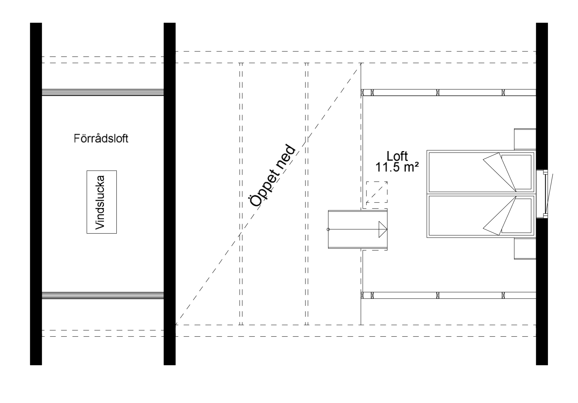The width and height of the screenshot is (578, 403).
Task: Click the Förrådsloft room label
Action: pyautogui.click(x=101, y=139)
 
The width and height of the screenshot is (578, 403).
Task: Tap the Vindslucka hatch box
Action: pyautogui.click(x=101, y=202)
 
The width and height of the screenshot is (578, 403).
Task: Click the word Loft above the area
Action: pyautogui.click(x=397, y=156)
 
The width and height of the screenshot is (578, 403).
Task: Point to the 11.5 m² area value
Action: pyautogui.click(x=397, y=167)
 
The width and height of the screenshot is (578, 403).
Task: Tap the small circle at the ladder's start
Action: pyautogui.click(x=328, y=230)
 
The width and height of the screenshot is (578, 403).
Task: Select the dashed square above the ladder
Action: pyautogui.click(x=376, y=192)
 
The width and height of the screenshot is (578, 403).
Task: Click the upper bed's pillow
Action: pyautogui.click(x=517, y=171)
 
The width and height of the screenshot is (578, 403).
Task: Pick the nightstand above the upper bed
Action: pyautogui.click(x=525, y=139)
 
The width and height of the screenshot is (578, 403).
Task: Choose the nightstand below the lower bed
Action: pyautogui.click(x=525, y=249)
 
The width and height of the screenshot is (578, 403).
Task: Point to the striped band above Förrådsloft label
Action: pyautogui.click(x=102, y=92)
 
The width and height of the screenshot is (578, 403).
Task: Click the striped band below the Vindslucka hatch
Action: pyautogui.click(x=102, y=295)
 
